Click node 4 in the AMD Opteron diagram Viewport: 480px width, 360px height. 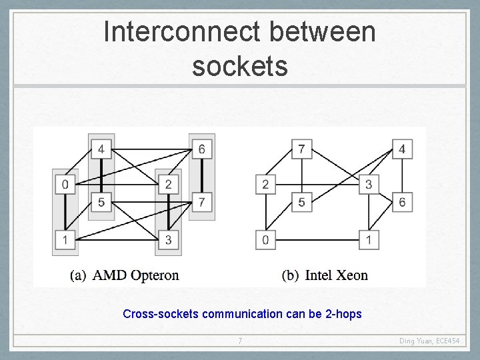[101, 149]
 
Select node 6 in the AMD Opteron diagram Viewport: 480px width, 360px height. [201, 149]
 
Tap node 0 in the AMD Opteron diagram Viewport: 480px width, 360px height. [65, 185]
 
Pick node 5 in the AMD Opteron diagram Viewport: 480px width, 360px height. [101, 201]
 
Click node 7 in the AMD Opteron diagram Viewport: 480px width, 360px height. [201, 201]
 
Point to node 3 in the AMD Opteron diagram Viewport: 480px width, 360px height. [168, 239]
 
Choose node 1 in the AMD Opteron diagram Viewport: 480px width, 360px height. [65, 239]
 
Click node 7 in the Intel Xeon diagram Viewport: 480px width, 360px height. [301, 149]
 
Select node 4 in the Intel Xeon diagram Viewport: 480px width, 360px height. [401, 149]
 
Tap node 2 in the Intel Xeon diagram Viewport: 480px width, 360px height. [265, 185]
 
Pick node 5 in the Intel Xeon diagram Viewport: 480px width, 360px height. [301, 201]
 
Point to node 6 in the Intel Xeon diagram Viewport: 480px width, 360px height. [401, 201]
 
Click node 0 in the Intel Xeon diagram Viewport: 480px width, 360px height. [265, 239]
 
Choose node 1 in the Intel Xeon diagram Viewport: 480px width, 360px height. [368, 239]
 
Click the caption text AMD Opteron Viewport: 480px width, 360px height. [135, 275]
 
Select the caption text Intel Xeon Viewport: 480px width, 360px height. [336, 275]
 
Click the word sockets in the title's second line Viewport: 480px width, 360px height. [240, 66]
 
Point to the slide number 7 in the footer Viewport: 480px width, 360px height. [240, 342]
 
